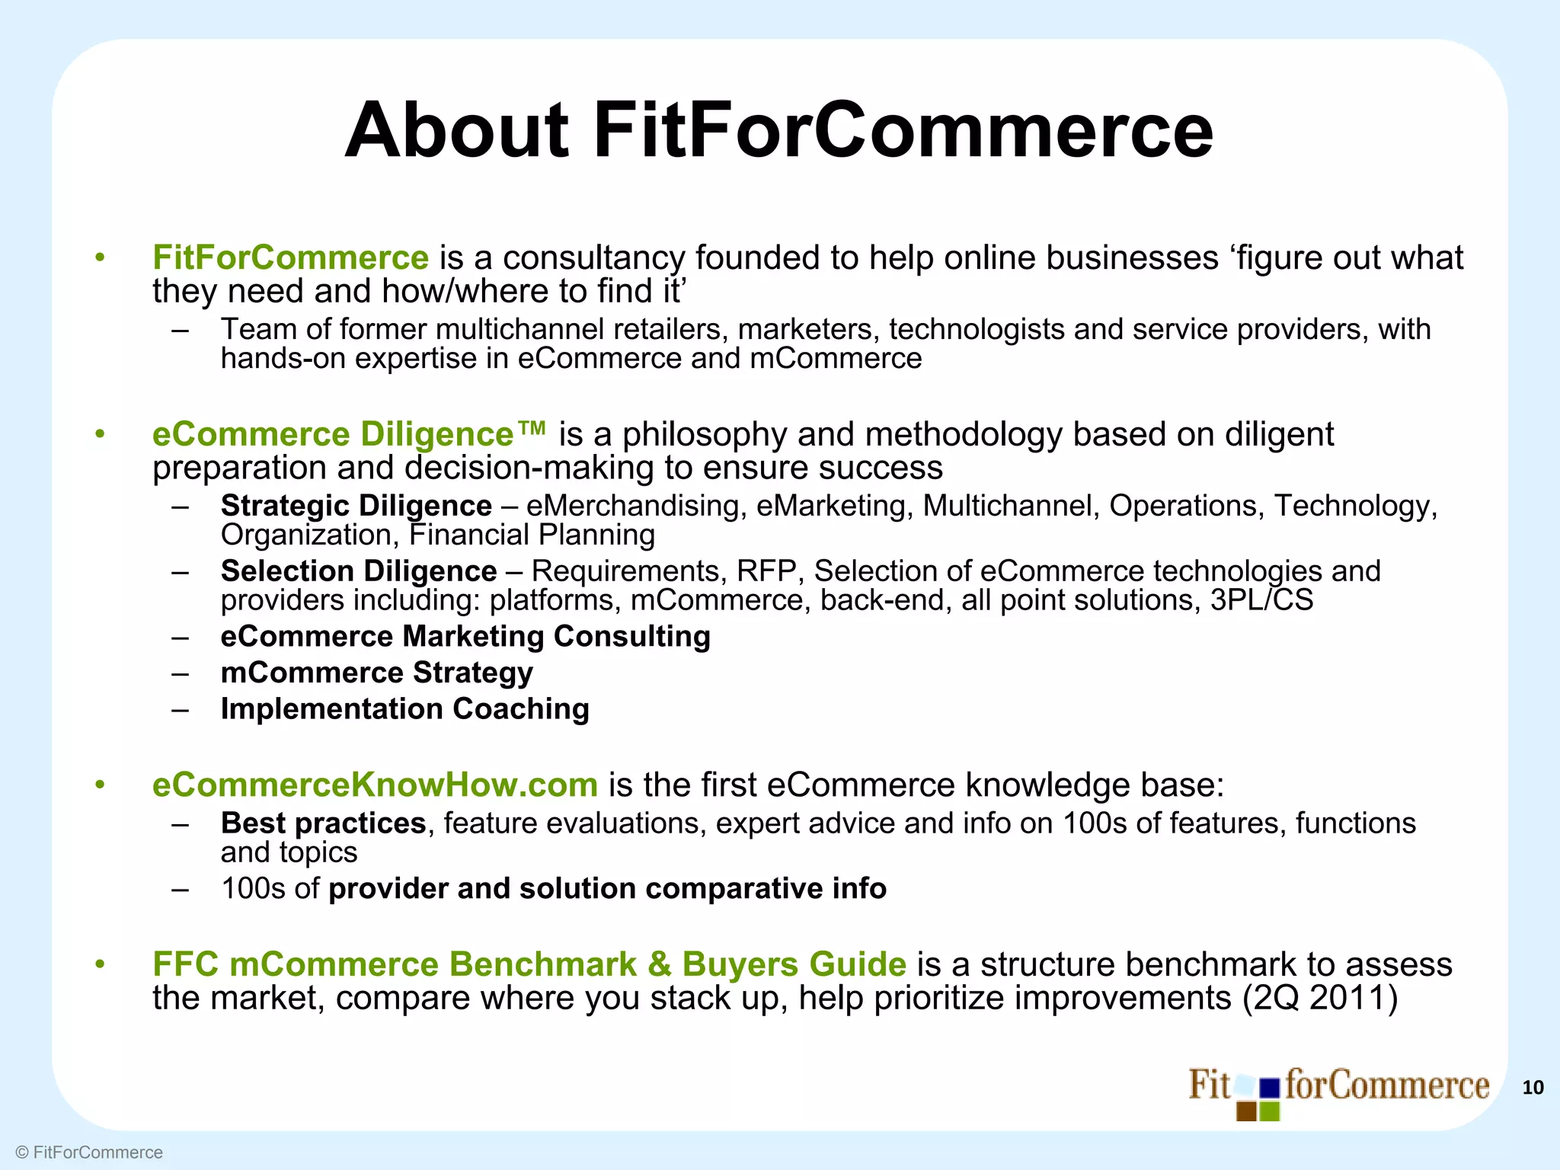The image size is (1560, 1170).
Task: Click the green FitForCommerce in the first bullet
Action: click(290, 257)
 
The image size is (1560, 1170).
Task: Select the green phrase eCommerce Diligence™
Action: click(349, 434)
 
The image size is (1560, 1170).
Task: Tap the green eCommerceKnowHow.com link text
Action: click(375, 785)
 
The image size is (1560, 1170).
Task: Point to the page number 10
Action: click(1533, 1088)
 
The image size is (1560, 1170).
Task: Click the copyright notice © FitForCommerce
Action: click(89, 1152)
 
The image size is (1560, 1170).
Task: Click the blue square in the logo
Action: click(1270, 1088)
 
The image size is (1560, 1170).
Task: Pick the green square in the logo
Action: click(1270, 1111)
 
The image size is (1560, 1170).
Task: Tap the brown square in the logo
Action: click(1246, 1111)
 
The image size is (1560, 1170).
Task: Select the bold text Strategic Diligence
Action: click(356, 506)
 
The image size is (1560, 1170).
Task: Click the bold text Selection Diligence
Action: click(359, 571)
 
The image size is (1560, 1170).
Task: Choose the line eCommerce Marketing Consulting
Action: click(465, 636)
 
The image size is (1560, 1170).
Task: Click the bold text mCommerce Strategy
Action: click(376, 673)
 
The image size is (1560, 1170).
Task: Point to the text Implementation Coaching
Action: click(404, 709)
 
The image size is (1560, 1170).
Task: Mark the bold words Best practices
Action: click(323, 823)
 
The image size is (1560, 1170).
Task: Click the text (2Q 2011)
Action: click(1320, 998)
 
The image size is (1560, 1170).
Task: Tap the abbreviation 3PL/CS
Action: click(1262, 600)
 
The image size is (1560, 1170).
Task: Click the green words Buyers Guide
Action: click(794, 964)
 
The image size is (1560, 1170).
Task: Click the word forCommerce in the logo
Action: click(1386, 1085)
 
